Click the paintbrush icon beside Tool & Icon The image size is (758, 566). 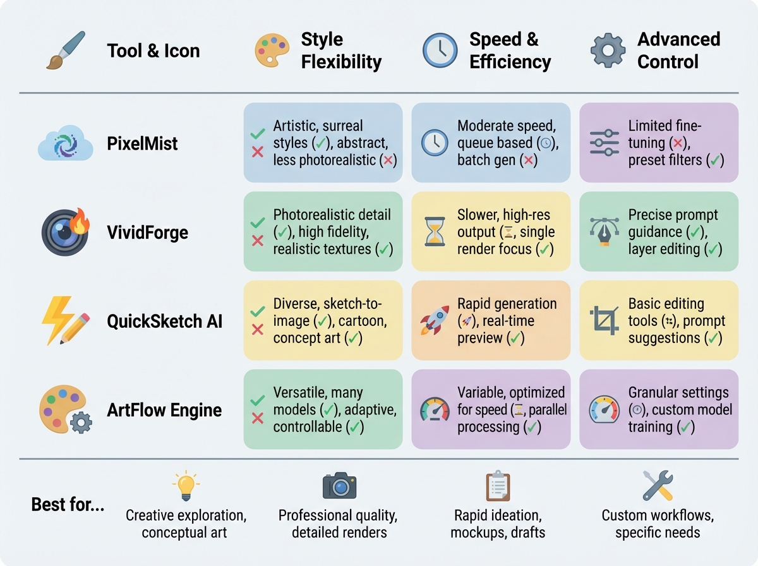[x=66, y=50]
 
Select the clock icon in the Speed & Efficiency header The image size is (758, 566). [x=440, y=50]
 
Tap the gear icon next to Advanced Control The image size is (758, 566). [x=608, y=51]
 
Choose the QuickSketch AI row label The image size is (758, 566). [x=165, y=322]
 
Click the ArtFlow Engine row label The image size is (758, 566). [x=164, y=411]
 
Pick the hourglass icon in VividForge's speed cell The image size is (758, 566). [x=435, y=232]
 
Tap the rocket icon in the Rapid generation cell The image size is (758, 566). [x=435, y=321]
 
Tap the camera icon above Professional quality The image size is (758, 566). [x=339, y=486]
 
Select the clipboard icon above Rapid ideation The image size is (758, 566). [x=497, y=486]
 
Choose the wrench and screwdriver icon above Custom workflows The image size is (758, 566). [x=658, y=486]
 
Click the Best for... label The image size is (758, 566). [x=68, y=505]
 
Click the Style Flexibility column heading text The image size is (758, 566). [x=341, y=51]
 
